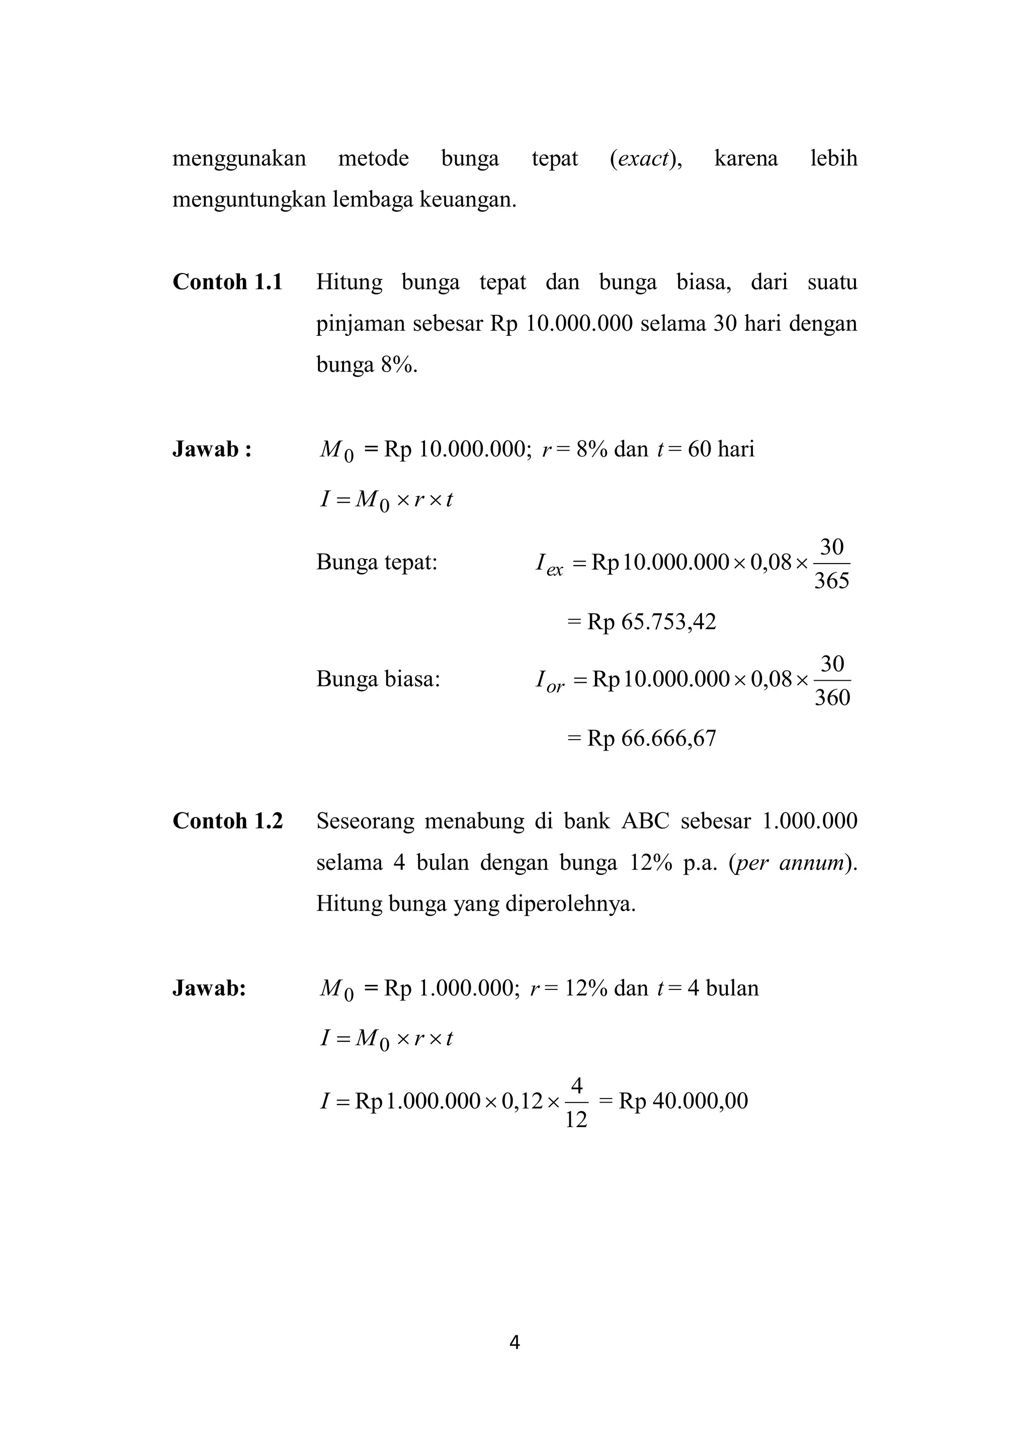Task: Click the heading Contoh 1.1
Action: click(227, 282)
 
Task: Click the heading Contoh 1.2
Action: click(227, 821)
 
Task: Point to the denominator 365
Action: click(831, 581)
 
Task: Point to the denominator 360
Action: click(831, 698)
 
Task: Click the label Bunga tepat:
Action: click(377, 562)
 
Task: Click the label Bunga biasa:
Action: click(378, 680)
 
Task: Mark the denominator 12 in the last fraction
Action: click(576, 1120)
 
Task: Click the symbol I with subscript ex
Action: click(548, 564)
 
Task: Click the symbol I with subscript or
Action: click(549, 681)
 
